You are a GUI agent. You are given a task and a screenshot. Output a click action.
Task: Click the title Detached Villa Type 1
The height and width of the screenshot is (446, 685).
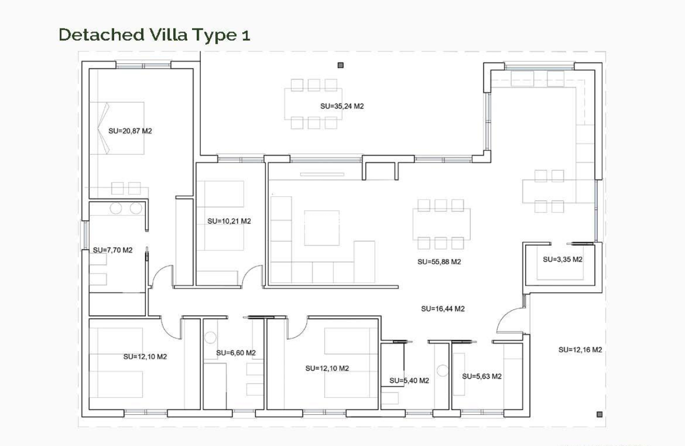(155, 35)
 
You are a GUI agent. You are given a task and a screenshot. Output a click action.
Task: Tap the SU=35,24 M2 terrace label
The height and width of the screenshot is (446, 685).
(342, 106)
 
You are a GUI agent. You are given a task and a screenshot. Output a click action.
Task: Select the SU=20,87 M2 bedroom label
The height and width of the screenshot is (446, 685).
(130, 131)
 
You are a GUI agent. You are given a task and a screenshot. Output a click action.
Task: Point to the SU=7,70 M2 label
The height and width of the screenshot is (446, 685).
(113, 250)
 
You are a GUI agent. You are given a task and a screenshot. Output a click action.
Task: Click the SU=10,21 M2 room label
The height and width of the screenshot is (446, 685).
(229, 221)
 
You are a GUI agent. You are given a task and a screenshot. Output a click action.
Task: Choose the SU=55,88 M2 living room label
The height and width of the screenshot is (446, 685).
(439, 262)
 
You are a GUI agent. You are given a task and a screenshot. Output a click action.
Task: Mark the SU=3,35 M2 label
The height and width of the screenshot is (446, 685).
(563, 259)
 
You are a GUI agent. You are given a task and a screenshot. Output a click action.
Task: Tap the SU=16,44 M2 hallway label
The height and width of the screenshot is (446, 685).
(443, 308)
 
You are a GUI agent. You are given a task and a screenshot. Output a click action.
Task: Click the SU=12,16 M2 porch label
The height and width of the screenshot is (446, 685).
(580, 349)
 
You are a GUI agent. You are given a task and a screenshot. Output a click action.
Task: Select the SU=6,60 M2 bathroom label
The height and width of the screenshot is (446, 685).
(236, 353)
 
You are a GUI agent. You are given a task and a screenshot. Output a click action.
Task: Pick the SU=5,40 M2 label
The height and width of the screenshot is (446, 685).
(409, 380)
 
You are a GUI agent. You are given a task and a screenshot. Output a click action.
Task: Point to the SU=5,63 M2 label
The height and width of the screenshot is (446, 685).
(482, 376)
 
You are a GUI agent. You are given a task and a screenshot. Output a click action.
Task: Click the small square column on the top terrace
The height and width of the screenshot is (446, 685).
(340, 65)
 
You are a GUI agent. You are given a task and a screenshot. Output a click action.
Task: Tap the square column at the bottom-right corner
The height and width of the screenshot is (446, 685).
(599, 414)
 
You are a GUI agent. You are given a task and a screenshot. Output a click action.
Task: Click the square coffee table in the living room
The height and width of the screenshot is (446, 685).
(321, 227)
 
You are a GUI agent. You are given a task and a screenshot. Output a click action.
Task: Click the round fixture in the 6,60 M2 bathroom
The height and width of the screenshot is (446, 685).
(210, 337)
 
